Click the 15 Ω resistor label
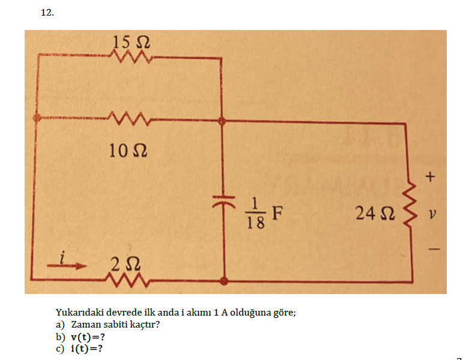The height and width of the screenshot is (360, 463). click(131, 43)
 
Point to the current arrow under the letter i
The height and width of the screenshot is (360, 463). click(72, 268)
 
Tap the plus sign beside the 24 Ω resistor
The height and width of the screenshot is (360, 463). click(429, 177)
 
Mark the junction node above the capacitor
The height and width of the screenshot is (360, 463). click(223, 121)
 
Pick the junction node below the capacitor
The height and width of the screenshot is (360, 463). click(224, 280)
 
